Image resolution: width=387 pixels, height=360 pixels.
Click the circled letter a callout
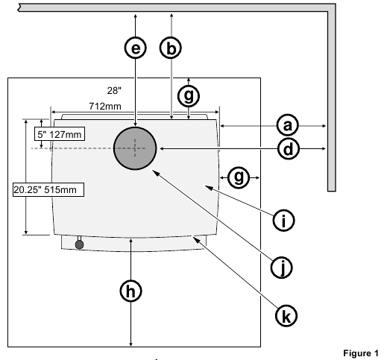(288, 125)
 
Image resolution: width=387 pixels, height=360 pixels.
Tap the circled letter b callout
(171, 48)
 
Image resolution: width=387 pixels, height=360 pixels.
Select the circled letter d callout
(289, 149)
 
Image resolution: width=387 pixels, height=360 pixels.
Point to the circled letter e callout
(136, 48)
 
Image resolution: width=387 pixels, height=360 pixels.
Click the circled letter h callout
(131, 291)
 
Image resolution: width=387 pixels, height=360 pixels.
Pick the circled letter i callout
(284, 221)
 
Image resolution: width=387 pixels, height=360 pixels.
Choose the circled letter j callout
(282, 268)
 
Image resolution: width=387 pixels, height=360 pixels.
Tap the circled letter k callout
(286, 316)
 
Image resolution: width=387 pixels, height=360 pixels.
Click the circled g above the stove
(189, 96)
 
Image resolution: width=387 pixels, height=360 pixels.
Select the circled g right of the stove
(239, 177)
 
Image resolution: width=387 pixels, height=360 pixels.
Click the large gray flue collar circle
(135, 148)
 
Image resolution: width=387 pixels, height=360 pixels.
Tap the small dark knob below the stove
(80, 244)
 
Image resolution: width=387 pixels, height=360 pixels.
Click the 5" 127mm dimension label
(60, 134)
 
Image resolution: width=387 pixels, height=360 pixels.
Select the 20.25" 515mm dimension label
(48, 190)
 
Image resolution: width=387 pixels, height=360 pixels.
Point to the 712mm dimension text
(105, 107)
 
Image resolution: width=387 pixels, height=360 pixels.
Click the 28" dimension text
(114, 91)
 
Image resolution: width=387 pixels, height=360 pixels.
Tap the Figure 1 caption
(361, 353)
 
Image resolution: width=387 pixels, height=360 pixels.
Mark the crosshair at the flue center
(135, 148)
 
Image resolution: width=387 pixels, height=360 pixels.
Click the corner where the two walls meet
(332, 7)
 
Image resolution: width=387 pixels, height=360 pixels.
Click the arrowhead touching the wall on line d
(324, 149)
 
